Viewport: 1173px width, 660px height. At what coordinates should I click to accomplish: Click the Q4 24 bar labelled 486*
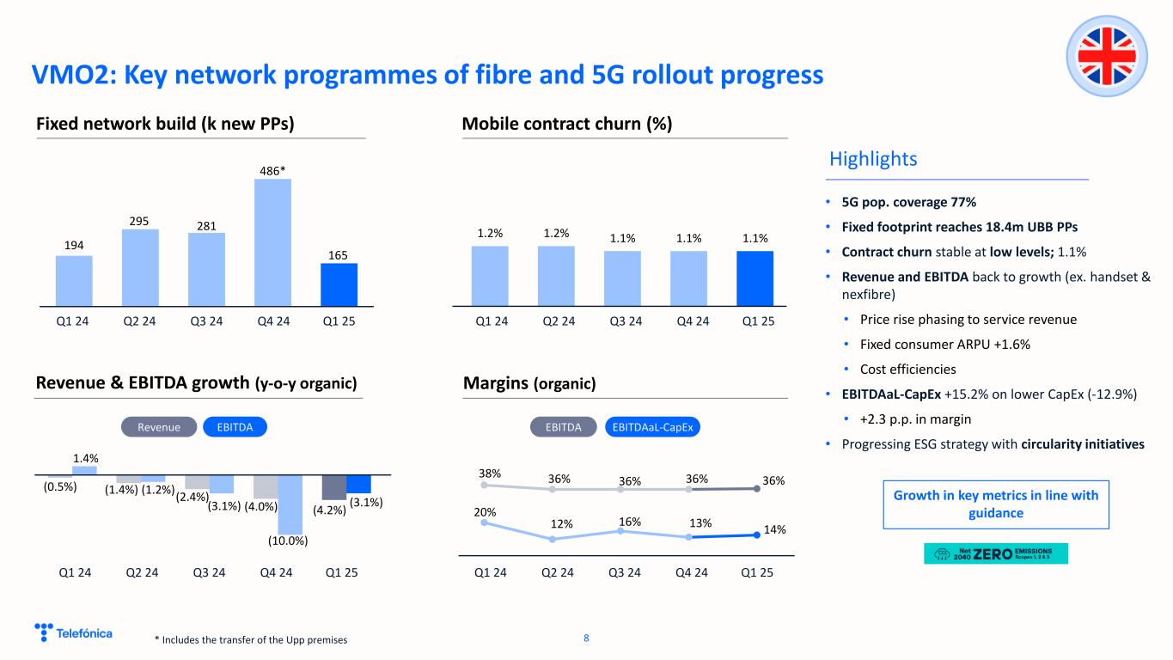coord(272,241)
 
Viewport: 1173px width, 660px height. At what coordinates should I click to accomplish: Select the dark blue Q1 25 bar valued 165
coord(339,284)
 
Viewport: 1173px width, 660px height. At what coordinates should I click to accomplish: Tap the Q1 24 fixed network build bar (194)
coord(74,280)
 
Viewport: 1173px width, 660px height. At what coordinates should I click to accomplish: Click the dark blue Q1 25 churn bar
coord(755,278)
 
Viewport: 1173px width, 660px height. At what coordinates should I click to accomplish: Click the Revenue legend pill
coord(159,427)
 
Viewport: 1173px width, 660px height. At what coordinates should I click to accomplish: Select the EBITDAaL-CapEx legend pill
coord(653,427)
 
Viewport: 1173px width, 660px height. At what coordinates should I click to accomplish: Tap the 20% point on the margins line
coord(485,522)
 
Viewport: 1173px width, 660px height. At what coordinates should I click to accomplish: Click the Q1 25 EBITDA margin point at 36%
coord(756,488)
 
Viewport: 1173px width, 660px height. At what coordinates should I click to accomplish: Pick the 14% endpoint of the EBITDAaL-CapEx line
coord(756,535)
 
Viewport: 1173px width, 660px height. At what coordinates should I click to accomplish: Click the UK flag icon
coord(1108,58)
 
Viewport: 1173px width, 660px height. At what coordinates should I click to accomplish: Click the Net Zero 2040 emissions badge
coord(995,553)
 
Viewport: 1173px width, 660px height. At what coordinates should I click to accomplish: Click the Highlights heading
coord(873,159)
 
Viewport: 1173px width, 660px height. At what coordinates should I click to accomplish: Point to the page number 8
coord(586,638)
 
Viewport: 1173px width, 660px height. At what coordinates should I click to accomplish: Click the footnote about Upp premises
coord(251,639)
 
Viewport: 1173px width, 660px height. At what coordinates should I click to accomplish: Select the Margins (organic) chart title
coord(528,383)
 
